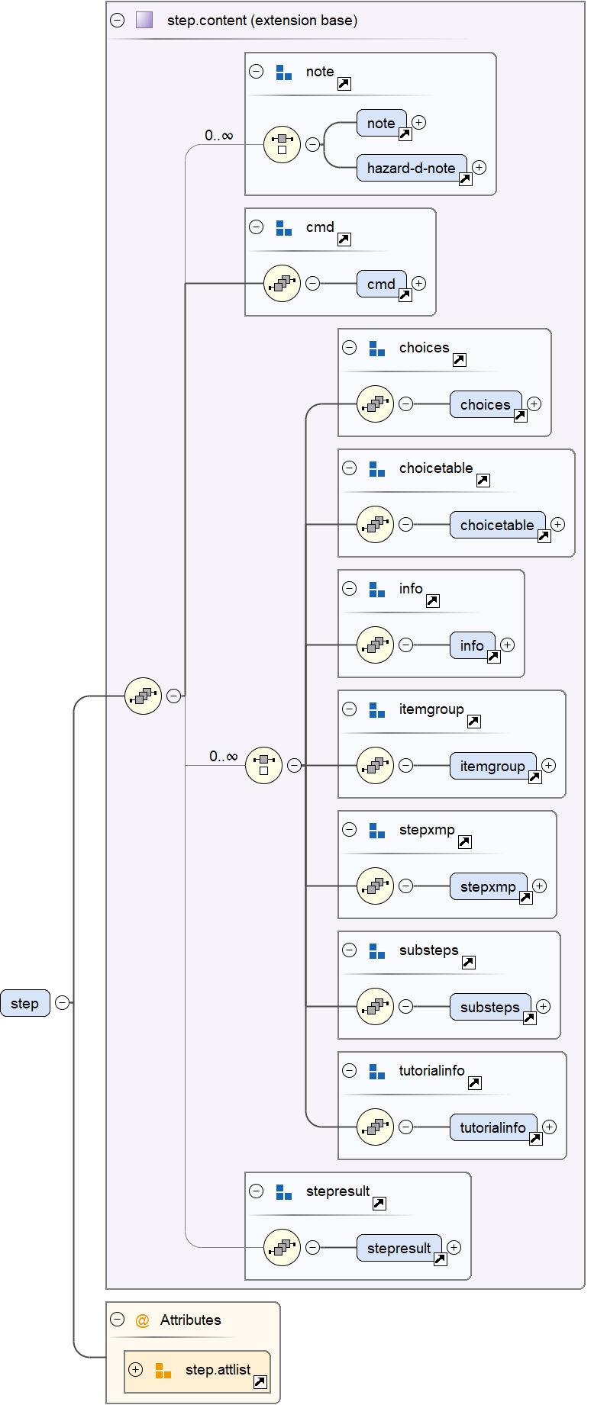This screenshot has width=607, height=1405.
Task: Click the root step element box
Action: (24, 1003)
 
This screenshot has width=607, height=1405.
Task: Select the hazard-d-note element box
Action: (411, 168)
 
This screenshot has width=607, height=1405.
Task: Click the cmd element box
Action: (381, 284)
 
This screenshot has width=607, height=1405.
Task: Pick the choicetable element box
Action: (497, 525)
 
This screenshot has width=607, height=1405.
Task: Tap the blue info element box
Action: (472, 645)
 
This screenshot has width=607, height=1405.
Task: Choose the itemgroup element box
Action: (492, 766)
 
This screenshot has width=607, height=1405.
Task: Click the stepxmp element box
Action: (488, 886)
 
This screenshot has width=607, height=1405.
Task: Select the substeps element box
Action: (489, 1007)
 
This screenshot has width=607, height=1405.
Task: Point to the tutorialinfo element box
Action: (492, 1127)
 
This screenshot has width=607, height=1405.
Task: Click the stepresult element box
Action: (399, 1248)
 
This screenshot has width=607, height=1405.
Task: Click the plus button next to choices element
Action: (534, 404)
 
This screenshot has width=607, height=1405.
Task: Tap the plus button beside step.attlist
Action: (136, 1369)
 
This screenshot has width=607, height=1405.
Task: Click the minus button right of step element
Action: (63, 1003)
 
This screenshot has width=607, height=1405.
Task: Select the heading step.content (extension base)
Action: (262, 21)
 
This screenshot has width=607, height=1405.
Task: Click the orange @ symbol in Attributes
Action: (142, 1320)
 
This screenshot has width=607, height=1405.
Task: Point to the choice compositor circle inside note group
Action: (282, 144)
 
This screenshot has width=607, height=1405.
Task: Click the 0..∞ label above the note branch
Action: (218, 136)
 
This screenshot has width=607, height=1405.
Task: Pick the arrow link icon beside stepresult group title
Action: (379, 1204)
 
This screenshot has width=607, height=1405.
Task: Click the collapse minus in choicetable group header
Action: (350, 468)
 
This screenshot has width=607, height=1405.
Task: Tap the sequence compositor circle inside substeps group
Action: (375, 1007)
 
